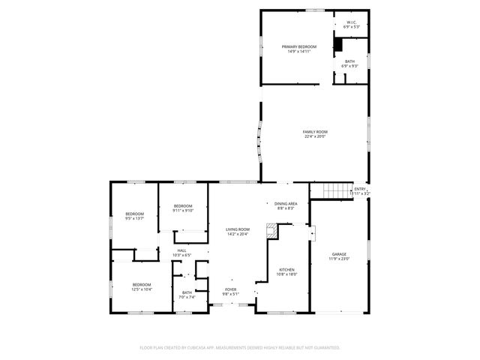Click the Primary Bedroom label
click(299, 47)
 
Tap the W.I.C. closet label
click(352, 22)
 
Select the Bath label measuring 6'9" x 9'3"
click(350, 61)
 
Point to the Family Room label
click(315, 132)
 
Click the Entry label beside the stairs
click(360, 189)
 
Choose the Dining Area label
click(286, 203)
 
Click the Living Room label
click(238, 229)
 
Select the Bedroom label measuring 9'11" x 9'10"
click(183, 206)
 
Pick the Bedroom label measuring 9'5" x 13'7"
click(135, 214)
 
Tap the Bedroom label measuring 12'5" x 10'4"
click(142, 284)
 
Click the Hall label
click(181, 250)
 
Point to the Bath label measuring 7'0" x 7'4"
click(187, 292)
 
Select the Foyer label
click(231, 289)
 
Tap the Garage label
click(339, 254)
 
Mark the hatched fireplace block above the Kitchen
click(272, 232)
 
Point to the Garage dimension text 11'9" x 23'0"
click(339, 259)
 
